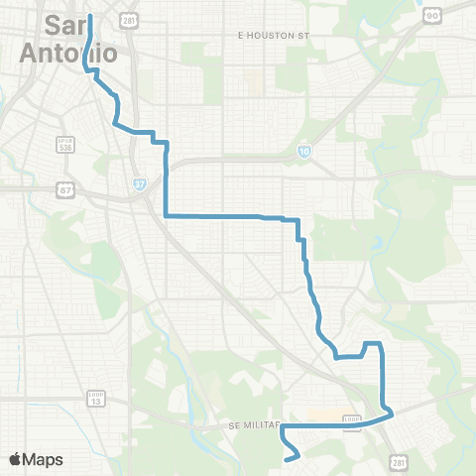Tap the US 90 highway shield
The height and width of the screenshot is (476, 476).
(431, 17)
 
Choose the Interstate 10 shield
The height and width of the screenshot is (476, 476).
(304, 151)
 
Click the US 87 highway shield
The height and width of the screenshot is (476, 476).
(66, 190)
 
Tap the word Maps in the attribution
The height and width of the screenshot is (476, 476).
(44, 459)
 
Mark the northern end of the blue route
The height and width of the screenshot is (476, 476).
(90, 16)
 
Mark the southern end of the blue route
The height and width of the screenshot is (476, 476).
(287, 460)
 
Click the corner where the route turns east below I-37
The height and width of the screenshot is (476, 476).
(165, 215)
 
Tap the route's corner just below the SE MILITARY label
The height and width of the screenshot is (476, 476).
(283, 429)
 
